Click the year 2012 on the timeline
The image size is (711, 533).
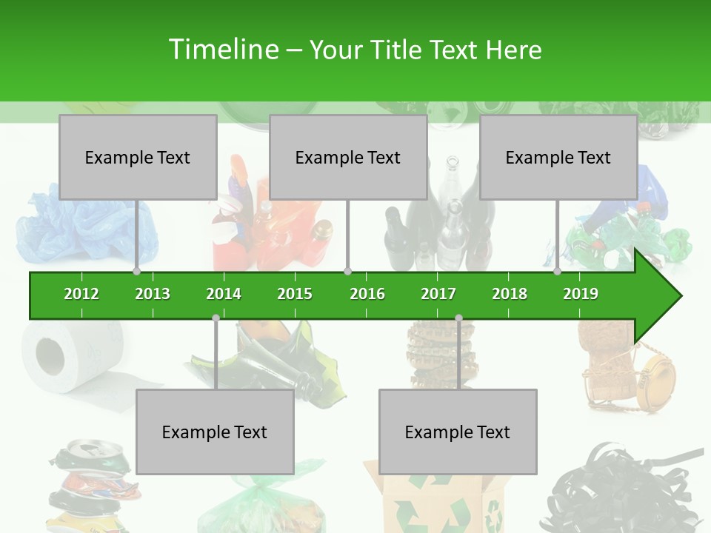81,294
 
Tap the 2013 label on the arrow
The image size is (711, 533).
153,294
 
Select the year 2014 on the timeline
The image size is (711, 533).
224,294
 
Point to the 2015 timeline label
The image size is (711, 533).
295,294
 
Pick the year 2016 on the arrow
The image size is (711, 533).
367,294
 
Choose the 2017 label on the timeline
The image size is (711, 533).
438,294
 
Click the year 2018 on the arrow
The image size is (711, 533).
510,294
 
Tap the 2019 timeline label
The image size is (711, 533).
581,294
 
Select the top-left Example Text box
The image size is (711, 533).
138,157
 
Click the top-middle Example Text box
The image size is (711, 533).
348,157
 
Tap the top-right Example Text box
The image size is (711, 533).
558,157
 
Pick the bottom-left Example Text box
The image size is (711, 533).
215,432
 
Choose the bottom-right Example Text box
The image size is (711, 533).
458,432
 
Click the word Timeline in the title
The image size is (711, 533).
222,50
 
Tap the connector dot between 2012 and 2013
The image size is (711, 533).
136,272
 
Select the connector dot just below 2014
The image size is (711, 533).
216,318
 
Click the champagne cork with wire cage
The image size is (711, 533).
630,370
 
